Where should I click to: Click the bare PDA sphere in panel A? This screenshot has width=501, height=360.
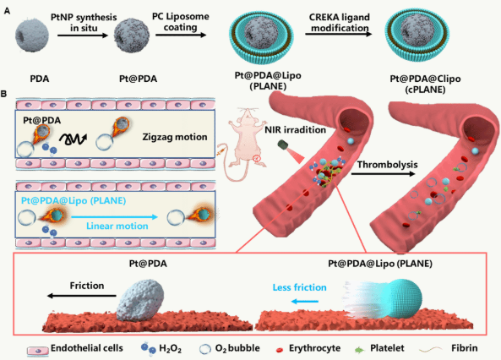(32, 35)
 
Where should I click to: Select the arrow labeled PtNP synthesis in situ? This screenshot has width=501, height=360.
(83, 35)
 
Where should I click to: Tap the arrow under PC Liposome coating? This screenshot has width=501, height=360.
(181, 35)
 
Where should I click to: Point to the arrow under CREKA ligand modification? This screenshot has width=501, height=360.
(339, 34)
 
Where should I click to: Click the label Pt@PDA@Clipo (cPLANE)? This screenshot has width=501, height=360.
(425, 84)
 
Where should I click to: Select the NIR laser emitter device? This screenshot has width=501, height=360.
(284, 145)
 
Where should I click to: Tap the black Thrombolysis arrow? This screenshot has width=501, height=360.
(383, 173)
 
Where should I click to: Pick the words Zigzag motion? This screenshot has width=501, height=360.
(175, 137)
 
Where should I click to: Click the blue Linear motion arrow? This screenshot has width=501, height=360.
(115, 217)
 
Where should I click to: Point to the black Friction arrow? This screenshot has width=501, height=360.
(82, 296)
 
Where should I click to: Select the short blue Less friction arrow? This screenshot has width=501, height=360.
(305, 301)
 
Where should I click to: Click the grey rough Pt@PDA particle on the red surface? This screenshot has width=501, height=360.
(140, 300)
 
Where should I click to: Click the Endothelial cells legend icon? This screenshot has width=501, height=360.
(38, 351)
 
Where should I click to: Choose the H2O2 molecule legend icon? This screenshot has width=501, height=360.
(149, 348)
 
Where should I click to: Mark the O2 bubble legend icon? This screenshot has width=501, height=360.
(205, 349)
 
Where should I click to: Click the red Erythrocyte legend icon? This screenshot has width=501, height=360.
(280, 350)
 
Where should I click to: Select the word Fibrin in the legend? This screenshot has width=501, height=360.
(465, 348)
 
